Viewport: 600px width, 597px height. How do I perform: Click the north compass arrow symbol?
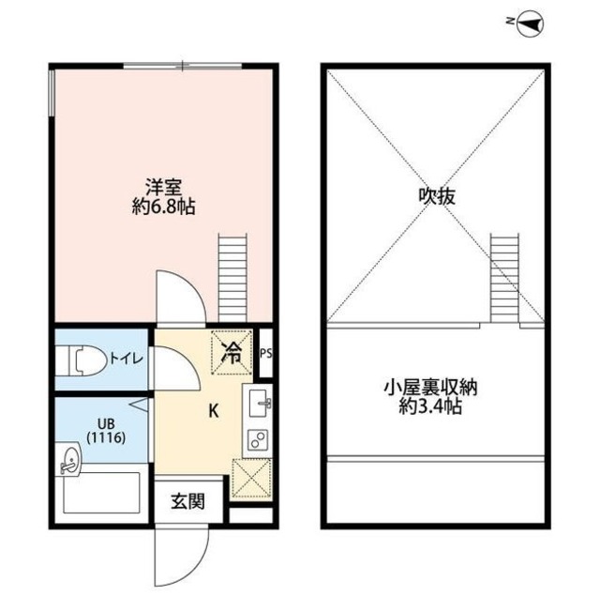point(532,22)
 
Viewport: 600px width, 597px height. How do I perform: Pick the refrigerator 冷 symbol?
point(230,353)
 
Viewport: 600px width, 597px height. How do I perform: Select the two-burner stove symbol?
point(256,438)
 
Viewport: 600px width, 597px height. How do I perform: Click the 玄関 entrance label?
point(184,502)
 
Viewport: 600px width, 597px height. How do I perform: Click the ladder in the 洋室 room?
point(232,278)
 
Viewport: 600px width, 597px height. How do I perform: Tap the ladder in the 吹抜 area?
point(503,276)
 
